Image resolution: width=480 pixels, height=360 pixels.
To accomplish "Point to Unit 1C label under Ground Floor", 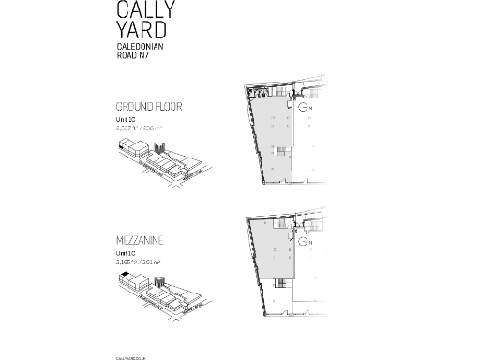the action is tap(126, 120).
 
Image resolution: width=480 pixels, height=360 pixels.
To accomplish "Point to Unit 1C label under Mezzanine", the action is tap(126, 254).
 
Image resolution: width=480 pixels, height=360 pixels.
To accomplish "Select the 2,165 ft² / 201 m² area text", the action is tap(139, 262).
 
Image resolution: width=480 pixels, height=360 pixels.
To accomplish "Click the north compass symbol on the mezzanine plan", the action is tap(305, 240).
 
